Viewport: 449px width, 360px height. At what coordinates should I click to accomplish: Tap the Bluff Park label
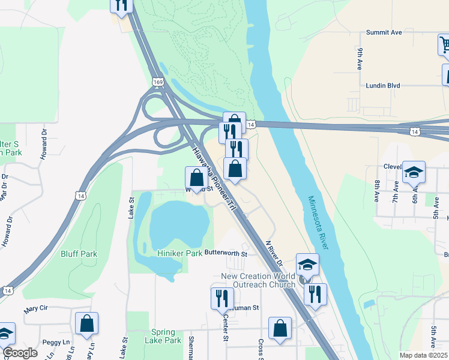pyautogui.click(x=79, y=254)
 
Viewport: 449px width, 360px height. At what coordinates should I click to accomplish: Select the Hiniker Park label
pyautogui.click(x=179, y=254)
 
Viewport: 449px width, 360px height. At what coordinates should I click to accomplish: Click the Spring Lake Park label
pyautogui.click(x=163, y=336)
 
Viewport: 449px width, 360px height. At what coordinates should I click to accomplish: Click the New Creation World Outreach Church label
pyautogui.click(x=259, y=280)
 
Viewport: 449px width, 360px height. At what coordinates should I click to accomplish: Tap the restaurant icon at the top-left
pyautogui.click(x=122, y=5)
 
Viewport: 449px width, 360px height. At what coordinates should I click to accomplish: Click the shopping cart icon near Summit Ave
pyautogui.click(x=445, y=44)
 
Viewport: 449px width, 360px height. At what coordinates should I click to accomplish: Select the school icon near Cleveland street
pyautogui.click(x=414, y=172)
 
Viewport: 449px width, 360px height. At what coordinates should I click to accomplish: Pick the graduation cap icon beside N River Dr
pyautogui.click(x=307, y=264)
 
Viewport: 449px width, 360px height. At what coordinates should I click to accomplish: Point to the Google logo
pyautogui.click(x=20, y=353)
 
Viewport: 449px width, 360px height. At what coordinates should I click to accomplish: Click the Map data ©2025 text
pyautogui.click(x=423, y=355)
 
